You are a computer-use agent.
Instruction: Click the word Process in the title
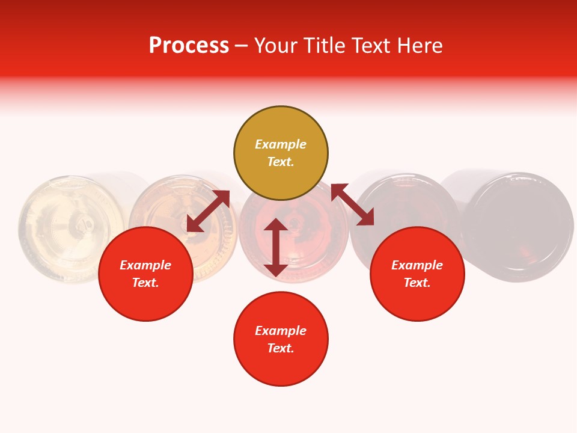tap(189, 46)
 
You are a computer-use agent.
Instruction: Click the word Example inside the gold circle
tap(281, 144)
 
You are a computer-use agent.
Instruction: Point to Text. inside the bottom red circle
tap(281, 348)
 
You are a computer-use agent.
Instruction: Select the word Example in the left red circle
tap(145, 265)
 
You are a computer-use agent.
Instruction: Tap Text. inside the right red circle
tap(417, 283)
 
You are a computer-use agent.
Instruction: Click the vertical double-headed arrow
tap(276, 247)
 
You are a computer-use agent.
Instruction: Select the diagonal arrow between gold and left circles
tap(208, 211)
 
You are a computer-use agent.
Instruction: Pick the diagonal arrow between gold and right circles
tap(352, 204)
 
